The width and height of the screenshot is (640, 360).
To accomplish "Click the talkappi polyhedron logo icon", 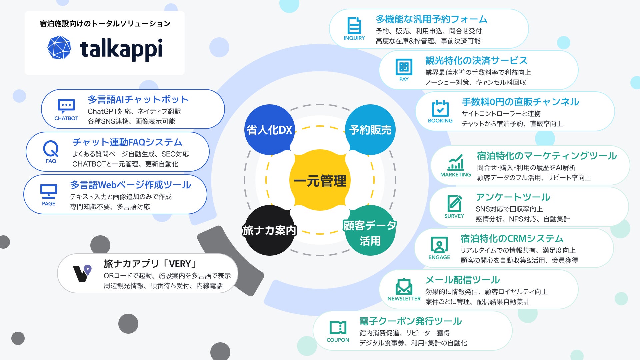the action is [59, 48].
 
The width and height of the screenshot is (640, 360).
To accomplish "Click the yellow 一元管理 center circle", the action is [320, 180].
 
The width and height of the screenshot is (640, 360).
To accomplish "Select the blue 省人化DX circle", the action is [269, 130].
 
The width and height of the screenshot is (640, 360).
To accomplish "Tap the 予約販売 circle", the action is [370, 130].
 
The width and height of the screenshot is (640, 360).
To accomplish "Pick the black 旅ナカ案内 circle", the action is [269, 230].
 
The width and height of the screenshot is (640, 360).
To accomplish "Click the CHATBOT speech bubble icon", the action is [66, 106].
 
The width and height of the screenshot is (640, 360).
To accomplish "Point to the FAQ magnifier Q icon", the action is [51, 149].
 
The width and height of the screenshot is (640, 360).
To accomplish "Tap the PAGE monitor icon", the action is [49, 191].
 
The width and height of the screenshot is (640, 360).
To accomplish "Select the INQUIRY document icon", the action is [354, 25].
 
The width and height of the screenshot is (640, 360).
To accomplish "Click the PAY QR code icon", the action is [404, 67].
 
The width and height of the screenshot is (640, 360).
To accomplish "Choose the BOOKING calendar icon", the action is [440, 108].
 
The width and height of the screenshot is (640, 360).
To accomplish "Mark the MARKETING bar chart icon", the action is [456, 162].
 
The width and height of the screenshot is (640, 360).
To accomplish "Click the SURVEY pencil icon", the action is [454, 204].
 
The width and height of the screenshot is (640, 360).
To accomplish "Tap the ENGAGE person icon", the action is [439, 245].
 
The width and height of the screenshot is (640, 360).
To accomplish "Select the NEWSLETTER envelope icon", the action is [404, 286].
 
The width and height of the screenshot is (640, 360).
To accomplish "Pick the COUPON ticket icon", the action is [338, 328].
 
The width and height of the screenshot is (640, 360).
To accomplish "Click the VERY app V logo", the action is [82, 273].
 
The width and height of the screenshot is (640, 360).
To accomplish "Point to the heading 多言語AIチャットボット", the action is [138, 99].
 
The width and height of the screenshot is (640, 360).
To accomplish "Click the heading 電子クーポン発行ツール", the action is [410, 321].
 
